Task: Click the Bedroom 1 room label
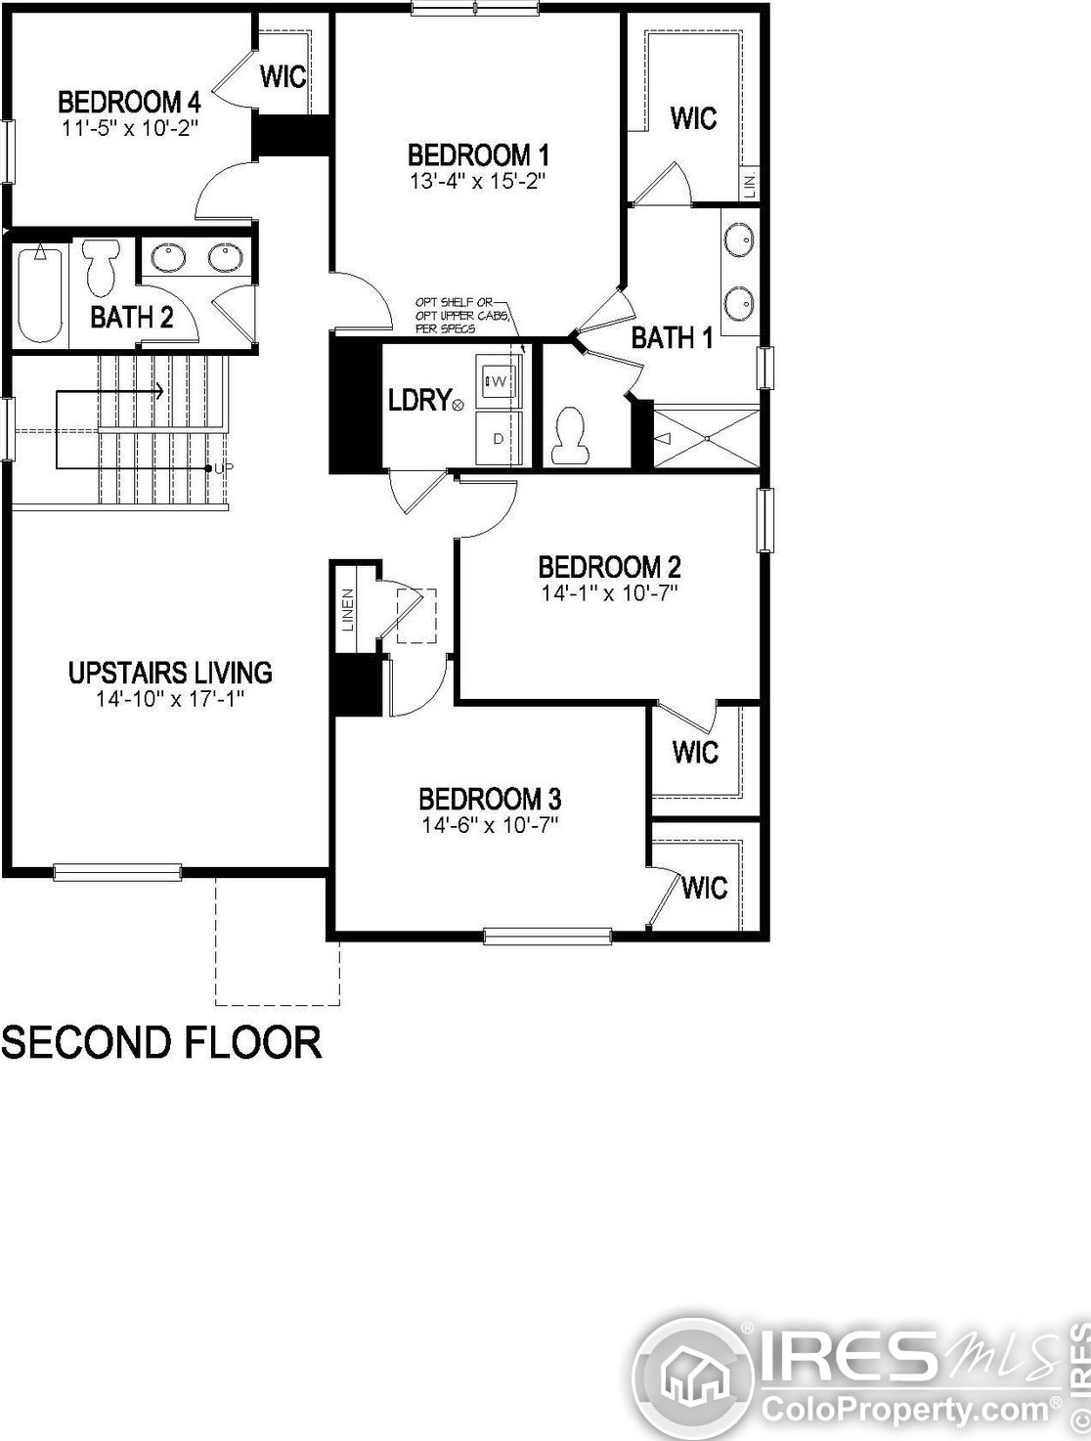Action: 478,155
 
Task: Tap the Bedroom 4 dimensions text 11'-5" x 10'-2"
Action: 130,127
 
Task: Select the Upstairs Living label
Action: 170,673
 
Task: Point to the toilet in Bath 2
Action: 100,267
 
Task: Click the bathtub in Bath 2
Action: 40,294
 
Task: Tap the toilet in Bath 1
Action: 570,436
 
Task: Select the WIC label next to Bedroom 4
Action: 284,76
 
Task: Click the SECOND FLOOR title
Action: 161,1043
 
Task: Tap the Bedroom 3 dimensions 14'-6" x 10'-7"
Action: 490,824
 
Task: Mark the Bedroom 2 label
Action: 609,567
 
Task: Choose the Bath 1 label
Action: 672,338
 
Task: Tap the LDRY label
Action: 419,400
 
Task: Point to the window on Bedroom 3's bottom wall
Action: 547,937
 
